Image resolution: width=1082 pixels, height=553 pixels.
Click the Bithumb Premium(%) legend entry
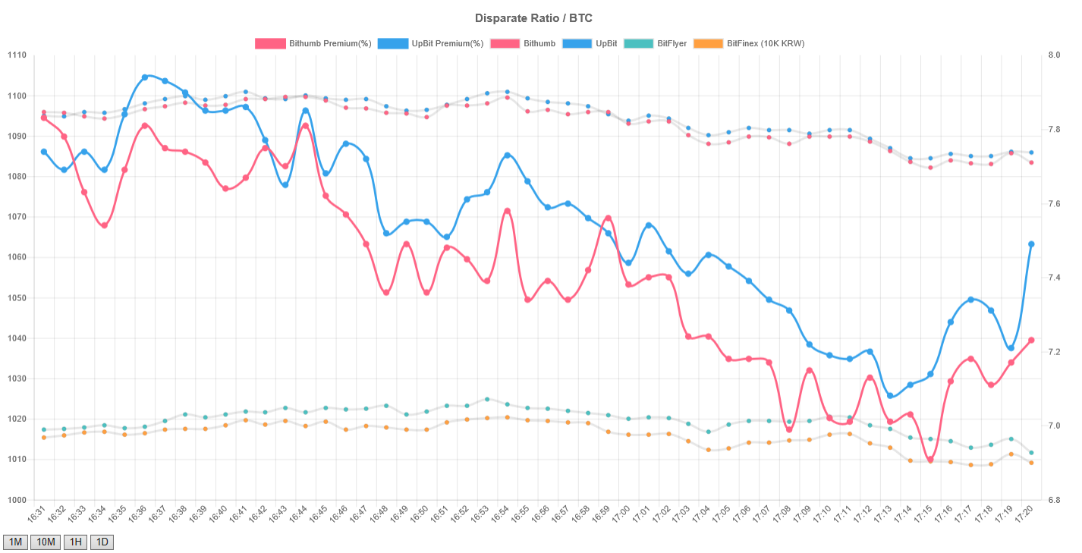click(x=313, y=43)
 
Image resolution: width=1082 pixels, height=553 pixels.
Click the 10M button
click(x=45, y=542)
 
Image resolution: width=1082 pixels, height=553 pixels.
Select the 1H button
click(x=75, y=542)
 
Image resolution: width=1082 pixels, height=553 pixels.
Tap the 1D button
click(x=102, y=542)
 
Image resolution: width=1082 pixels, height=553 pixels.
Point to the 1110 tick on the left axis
click(x=17, y=55)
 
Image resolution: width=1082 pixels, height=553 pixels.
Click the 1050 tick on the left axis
click(x=17, y=298)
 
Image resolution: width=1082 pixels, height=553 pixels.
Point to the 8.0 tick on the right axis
click(x=1054, y=55)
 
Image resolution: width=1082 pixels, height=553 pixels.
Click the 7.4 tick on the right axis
click(x=1054, y=278)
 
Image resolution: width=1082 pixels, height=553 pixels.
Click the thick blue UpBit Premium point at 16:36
click(x=145, y=77)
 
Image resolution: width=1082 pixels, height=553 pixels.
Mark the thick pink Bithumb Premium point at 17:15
click(x=930, y=459)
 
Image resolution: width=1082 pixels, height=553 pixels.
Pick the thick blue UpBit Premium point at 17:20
click(x=1031, y=244)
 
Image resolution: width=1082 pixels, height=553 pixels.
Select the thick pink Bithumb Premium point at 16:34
click(x=105, y=225)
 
